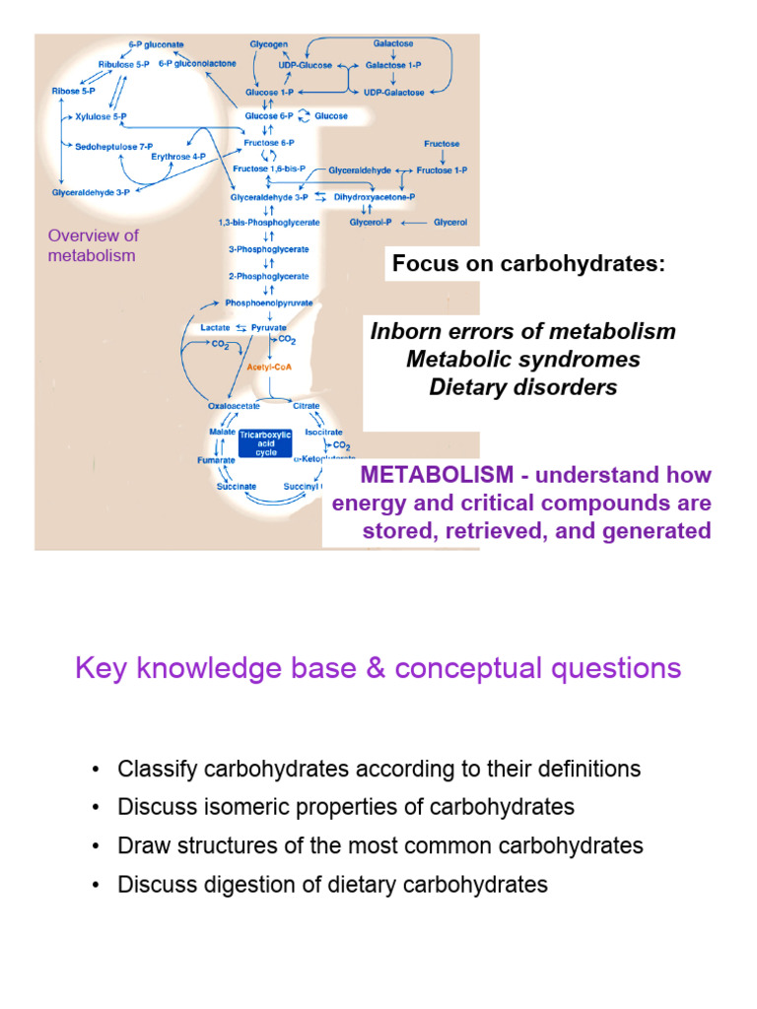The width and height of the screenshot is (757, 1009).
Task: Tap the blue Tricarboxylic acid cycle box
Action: [x=265, y=444]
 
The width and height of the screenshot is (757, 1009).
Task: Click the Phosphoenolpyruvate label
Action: [x=269, y=303]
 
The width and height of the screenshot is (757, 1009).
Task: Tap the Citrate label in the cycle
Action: [x=307, y=404]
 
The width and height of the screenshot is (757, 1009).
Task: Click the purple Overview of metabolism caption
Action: [x=93, y=245]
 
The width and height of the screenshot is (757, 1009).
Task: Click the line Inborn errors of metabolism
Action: [x=522, y=331]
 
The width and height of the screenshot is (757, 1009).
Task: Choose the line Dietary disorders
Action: [x=522, y=387]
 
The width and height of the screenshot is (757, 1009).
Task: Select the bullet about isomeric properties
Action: [x=345, y=807]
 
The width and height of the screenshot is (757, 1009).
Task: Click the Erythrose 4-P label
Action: [x=178, y=156]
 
